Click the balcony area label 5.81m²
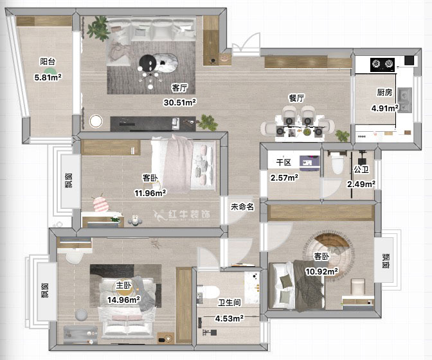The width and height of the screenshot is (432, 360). (x=48, y=77)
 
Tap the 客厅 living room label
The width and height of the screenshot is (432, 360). (x=179, y=88)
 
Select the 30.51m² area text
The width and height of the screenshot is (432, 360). (x=179, y=102)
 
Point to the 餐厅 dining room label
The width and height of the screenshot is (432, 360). (x=296, y=98)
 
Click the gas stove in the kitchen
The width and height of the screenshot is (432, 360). (x=382, y=65)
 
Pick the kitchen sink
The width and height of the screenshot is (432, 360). (x=404, y=100)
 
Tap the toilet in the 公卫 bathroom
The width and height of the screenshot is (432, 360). (x=337, y=164)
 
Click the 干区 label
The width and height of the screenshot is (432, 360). (x=283, y=162)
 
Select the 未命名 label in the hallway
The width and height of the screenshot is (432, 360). (x=242, y=207)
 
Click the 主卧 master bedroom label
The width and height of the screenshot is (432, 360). (x=123, y=285)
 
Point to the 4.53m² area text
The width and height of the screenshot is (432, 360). (x=230, y=319)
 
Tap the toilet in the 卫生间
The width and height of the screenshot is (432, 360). (x=210, y=292)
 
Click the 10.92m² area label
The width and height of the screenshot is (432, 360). (x=322, y=271)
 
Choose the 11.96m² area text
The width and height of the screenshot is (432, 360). (x=150, y=193)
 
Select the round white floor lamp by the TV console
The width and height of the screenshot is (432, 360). (x=96, y=121)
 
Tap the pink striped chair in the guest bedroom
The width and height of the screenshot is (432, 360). (x=98, y=204)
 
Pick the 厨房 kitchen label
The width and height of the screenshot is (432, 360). (x=384, y=93)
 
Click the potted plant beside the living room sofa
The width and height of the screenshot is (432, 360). (x=98, y=28)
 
